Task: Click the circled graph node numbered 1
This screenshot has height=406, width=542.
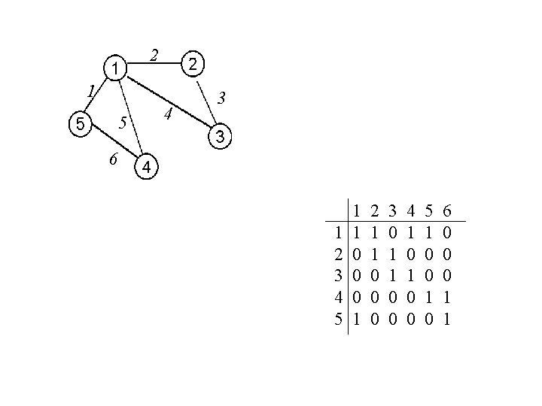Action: click(x=114, y=70)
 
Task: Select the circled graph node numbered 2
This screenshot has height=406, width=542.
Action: click(x=193, y=65)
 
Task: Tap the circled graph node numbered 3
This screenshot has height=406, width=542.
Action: click(x=219, y=137)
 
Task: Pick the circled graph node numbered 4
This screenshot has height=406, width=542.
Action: click(x=148, y=167)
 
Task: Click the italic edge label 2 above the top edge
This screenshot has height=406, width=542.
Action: click(x=154, y=54)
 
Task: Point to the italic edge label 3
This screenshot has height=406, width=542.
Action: click(x=221, y=98)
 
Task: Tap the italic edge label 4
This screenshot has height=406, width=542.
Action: click(x=169, y=114)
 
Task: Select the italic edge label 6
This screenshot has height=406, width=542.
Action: click(x=112, y=159)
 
